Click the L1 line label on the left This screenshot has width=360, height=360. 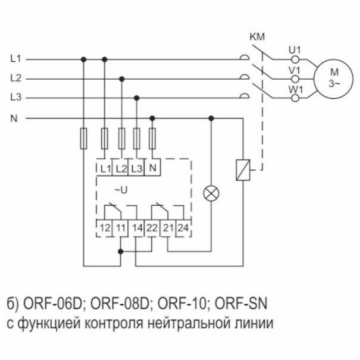(x=16, y=59)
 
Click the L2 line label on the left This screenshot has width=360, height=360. (x=16, y=78)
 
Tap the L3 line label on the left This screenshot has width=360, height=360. (x=16, y=97)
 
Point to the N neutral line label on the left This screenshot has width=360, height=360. (x=14, y=118)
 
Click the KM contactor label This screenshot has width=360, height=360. (x=257, y=37)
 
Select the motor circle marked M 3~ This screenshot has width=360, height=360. (x=333, y=78)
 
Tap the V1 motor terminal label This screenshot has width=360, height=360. (x=293, y=69)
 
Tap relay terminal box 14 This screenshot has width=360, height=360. (x=137, y=227)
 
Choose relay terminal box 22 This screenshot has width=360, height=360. (x=153, y=227)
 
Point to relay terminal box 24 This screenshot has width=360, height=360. (x=184, y=227)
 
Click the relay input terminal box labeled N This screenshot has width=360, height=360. (x=154, y=167)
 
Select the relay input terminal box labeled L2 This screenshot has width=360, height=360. (x=121, y=167)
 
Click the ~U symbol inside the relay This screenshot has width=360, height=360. (x=121, y=190)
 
